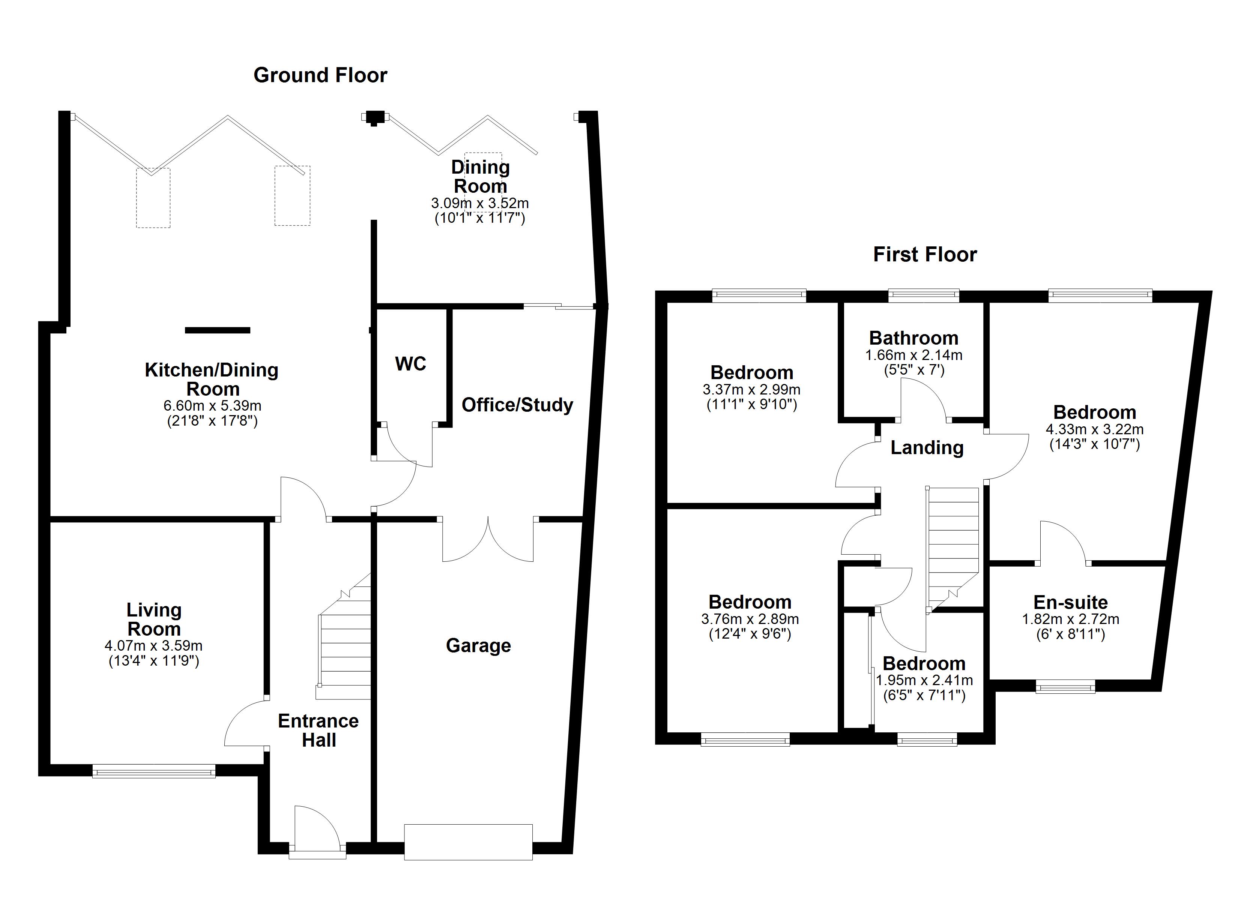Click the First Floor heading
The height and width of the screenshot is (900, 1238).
tap(925, 254)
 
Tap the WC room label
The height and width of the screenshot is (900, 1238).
tap(410, 364)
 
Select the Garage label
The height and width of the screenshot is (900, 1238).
tap(478, 646)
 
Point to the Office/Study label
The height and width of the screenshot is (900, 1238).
tap(517, 405)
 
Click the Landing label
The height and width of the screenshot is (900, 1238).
tap(927, 447)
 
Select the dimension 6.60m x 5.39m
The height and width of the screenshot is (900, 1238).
tap(212, 406)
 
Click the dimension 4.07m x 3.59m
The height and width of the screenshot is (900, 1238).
tap(153, 646)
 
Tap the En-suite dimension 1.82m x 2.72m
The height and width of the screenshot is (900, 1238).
tap(1070, 619)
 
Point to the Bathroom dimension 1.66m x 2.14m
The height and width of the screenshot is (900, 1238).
tap(914, 355)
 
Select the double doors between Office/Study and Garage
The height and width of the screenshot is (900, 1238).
tap(488, 540)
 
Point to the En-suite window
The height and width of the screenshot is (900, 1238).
tap(1065, 686)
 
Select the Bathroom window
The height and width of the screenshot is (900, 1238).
tap(924, 296)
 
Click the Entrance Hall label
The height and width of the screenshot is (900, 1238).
tap(318, 730)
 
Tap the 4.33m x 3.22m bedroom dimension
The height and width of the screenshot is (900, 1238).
tap(1094, 429)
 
